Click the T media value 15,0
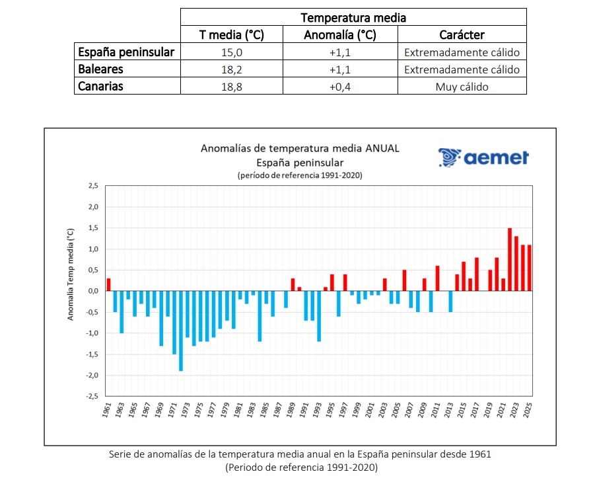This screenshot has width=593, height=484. [232, 52]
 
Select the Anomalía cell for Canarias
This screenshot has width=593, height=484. [339, 87]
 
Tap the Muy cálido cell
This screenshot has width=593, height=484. [462, 87]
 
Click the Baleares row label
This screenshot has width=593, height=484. [100, 69]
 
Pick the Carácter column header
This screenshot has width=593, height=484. [462, 35]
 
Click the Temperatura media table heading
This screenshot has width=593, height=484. [353, 18]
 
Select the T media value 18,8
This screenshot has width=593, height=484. [232, 87]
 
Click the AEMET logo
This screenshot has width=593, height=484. [484, 157]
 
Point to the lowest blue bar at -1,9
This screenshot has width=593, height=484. [180, 331]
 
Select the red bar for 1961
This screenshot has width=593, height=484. [108, 284]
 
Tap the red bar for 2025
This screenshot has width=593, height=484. [529, 268]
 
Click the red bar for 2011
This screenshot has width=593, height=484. [437, 278]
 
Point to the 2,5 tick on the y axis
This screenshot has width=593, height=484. [92, 186]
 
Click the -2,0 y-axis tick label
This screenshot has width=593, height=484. [92, 375]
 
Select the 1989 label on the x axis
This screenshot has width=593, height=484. [292, 411]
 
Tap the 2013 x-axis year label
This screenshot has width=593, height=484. [449, 411]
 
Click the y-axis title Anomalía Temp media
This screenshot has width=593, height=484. [70, 274]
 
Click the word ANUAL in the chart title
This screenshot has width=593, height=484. [382, 149]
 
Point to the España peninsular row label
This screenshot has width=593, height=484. [125, 52]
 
